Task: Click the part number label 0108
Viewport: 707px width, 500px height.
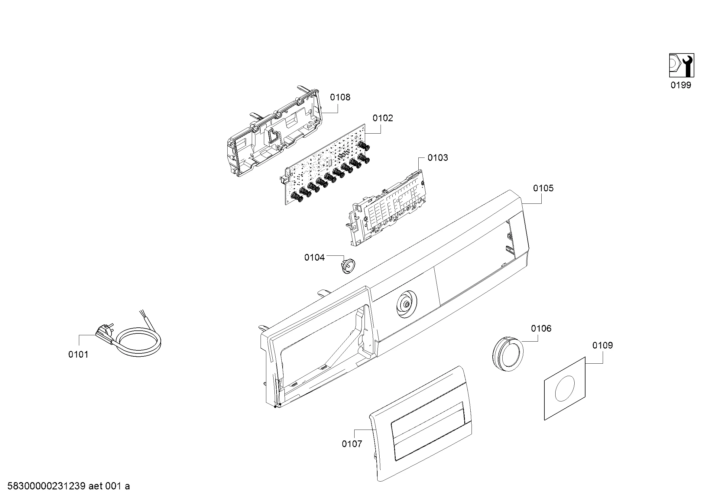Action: coord(340,97)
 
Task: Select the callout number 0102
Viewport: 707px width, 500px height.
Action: coord(383,118)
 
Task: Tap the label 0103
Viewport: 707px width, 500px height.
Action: coord(438,158)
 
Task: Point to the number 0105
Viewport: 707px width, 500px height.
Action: coord(543,188)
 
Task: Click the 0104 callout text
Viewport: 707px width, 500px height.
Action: coord(314,257)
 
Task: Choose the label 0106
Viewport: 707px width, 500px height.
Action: coord(541,329)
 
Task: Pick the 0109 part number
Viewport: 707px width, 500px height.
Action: coord(603,346)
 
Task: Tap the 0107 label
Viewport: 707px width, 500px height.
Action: coord(352,444)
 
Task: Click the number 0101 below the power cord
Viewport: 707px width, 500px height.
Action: coord(78,355)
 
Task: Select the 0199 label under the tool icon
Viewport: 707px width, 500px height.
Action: coord(681,85)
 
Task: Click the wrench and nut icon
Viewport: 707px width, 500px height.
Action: coord(681,65)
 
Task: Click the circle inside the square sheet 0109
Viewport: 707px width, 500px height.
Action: coord(564,388)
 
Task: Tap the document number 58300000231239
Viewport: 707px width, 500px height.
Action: coord(47,486)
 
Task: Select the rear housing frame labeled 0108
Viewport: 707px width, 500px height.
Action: coord(274,132)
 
